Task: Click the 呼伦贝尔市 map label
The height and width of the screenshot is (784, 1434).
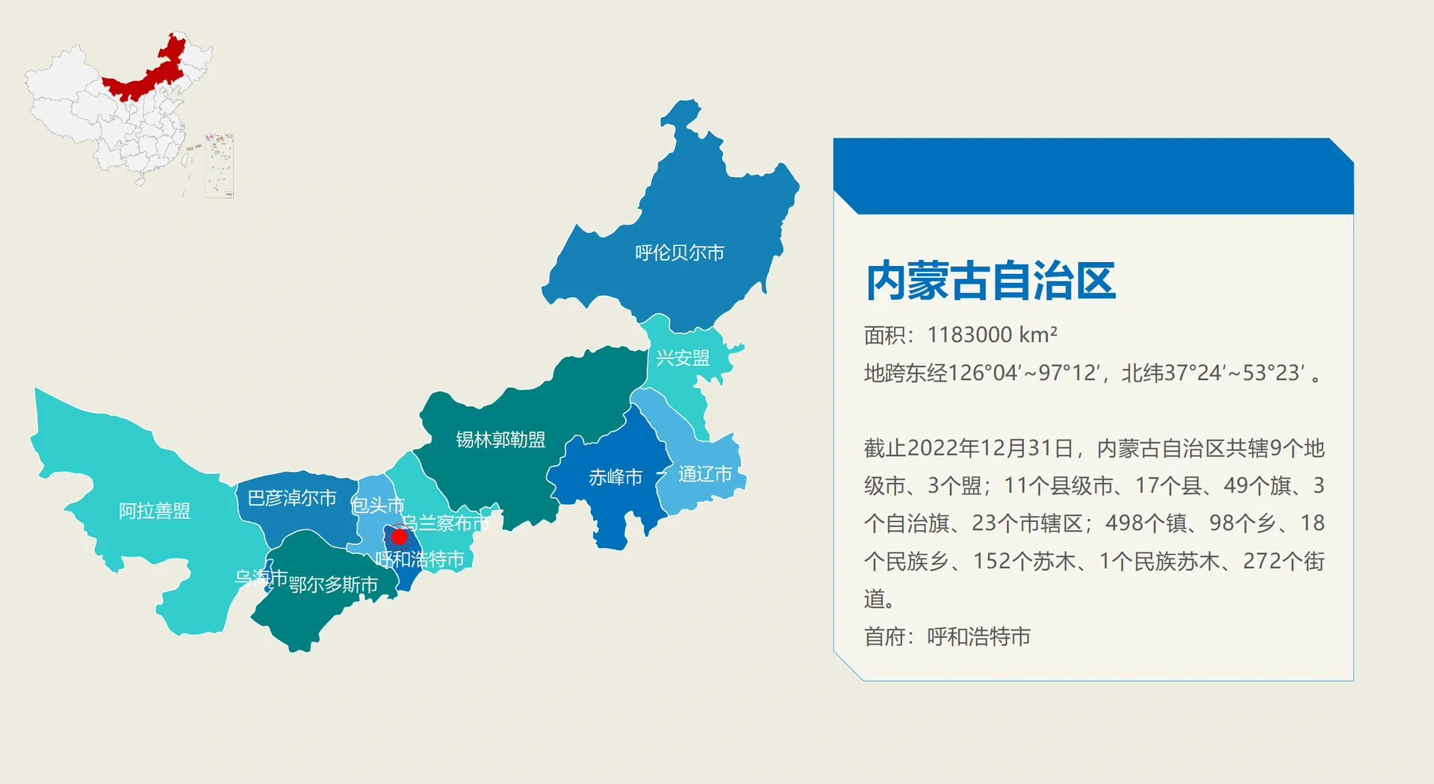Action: click(679, 253)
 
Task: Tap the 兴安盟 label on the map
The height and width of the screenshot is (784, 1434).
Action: click(682, 358)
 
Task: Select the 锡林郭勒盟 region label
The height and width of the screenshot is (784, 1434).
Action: click(500, 440)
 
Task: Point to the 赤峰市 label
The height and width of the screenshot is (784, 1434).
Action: click(615, 477)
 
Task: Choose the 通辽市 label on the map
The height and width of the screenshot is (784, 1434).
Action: click(704, 474)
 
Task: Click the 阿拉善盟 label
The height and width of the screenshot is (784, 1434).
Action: click(155, 511)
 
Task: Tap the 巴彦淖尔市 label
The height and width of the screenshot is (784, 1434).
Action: click(291, 498)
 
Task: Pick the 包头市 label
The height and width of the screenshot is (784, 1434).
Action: click(378, 505)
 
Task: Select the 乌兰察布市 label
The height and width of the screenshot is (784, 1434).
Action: click(446, 523)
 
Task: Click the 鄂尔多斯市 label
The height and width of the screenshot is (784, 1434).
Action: click(333, 585)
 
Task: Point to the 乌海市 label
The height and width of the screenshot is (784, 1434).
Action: click(261, 577)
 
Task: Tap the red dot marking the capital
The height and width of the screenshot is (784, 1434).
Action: click(400, 537)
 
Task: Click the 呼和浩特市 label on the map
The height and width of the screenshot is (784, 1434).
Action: click(420, 559)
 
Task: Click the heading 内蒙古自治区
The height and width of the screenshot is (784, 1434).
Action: click(990, 281)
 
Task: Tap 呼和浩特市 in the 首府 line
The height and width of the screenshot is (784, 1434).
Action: click(978, 636)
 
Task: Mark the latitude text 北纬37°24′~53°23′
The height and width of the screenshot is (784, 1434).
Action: click(1214, 373)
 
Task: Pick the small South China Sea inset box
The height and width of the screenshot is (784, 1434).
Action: click(219, 166)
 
